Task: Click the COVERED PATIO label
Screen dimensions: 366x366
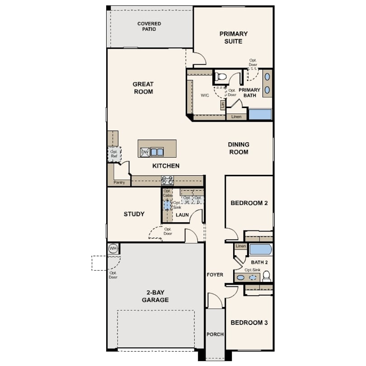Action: (149, 26)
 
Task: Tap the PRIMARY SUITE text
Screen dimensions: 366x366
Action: (234, 38)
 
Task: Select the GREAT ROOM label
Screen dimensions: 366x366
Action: (143, 88)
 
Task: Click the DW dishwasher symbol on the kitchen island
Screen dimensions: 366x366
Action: (145, 152)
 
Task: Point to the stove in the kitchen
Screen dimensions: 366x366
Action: (167, 180)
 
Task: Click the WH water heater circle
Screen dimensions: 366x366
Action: (113, 249)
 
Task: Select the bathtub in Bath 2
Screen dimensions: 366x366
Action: (260, 249)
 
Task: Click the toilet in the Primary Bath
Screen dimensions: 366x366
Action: (221, 77)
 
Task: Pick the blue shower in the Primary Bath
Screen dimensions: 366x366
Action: (260, 114)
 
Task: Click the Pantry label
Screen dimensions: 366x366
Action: (119, 183)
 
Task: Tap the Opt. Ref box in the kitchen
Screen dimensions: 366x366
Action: (114, 154)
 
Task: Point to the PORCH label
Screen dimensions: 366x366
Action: (215, 334)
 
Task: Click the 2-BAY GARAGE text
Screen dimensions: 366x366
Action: (155, 296)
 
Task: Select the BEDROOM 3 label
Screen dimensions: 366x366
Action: (249, 323)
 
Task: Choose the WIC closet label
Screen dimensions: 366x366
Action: (204, 96)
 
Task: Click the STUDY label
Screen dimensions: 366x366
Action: (134, 214)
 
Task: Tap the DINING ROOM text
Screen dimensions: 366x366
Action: (239, 148)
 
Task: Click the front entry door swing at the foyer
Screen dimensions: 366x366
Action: (215, 300)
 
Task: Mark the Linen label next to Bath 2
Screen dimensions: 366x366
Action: (240, 246)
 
